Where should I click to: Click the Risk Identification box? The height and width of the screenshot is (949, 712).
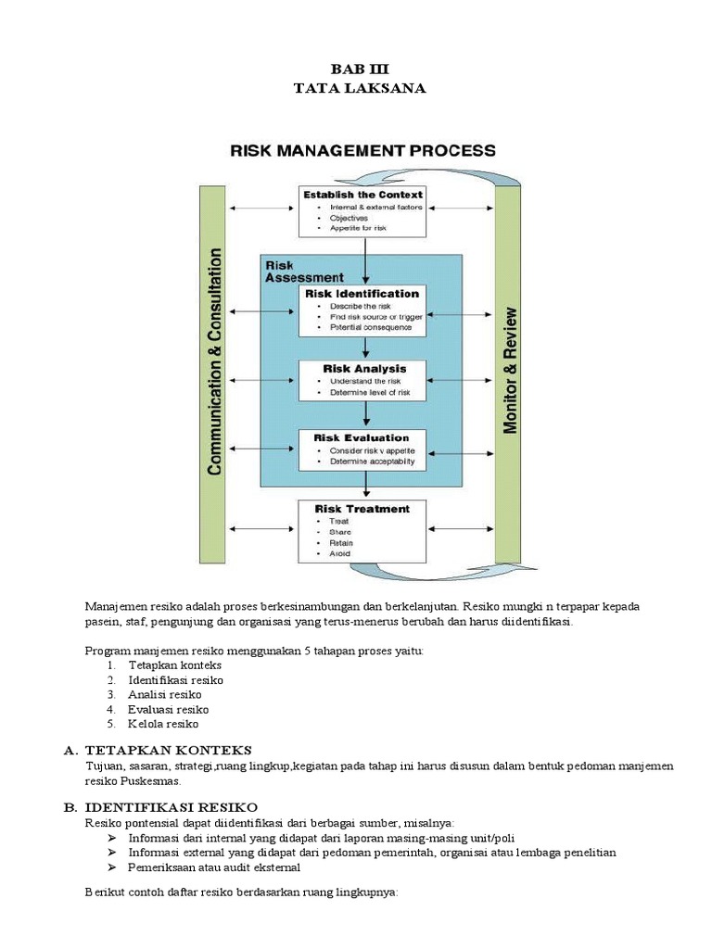point(362,310)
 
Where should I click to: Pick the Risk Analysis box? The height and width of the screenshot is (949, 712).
point(362,380)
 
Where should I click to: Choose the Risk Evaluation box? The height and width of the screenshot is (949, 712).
point(362,449)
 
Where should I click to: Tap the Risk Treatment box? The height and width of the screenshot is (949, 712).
point(362,530)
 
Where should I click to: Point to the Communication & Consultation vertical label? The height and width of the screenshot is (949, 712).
point(214,361)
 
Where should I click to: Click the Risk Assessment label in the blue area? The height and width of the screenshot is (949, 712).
point(303,271)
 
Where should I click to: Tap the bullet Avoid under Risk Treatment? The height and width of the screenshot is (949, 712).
point(339,553)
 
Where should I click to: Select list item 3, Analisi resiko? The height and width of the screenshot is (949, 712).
point(164,694)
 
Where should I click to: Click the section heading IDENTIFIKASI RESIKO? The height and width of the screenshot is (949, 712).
point(172,808)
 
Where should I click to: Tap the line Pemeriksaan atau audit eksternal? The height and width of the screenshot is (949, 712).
point(214,867)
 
